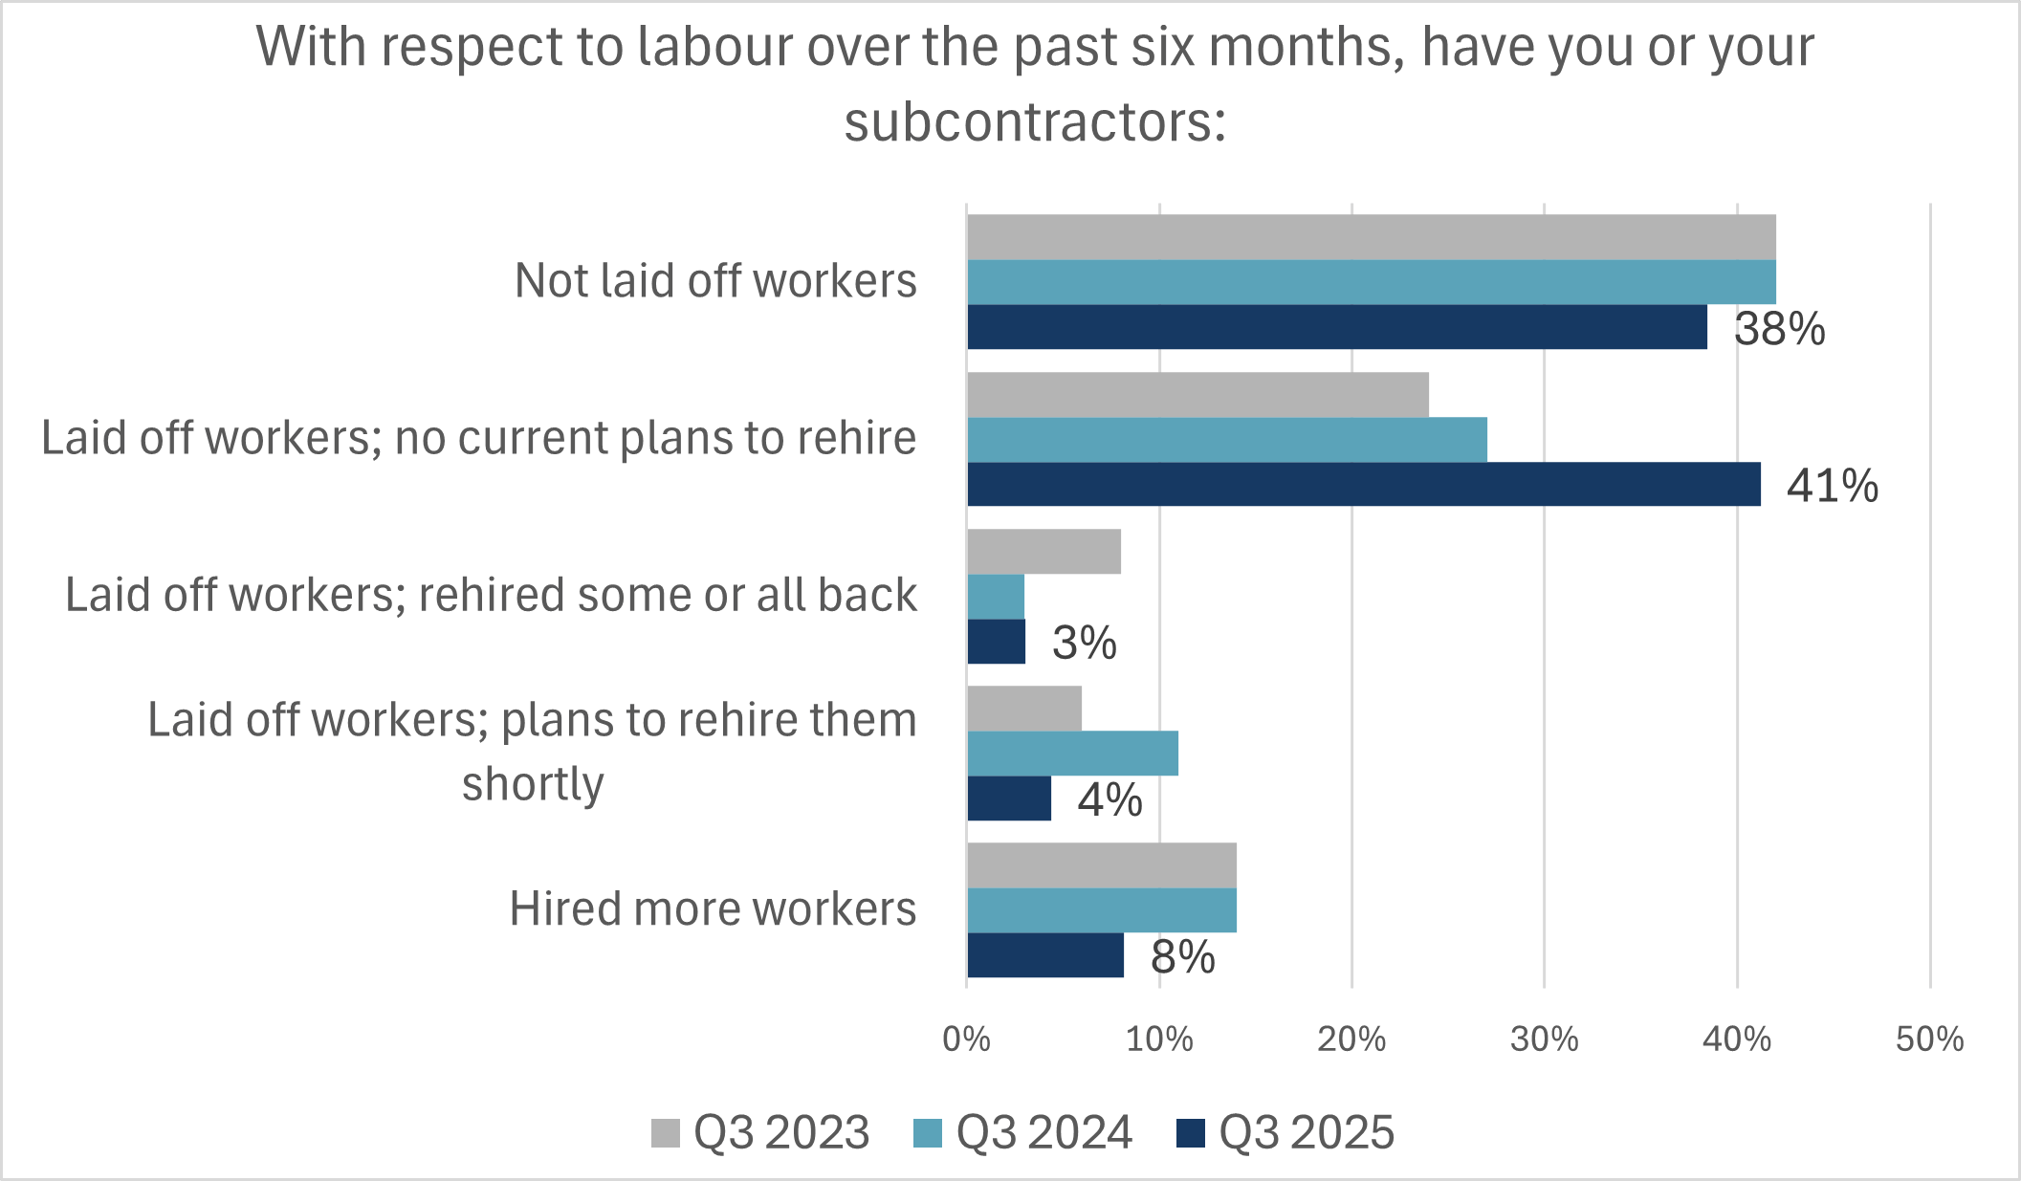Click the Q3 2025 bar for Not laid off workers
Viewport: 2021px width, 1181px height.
(x=1336, y=327)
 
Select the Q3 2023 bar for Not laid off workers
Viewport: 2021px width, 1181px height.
(x=1371, y=237)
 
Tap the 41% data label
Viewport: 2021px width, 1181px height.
(x=1832, y=486)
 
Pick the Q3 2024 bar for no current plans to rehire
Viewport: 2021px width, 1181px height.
(x=1226, y=440)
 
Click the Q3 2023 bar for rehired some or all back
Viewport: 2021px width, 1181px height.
(x=1043, y=552)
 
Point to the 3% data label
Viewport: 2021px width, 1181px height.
(x=1084, y=643)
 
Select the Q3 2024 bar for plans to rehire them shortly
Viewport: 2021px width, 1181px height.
(x=1072, y=754)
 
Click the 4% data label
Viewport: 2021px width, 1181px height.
(x=1109, y=799)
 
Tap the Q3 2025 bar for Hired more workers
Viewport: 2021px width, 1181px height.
(x=1045, y=955)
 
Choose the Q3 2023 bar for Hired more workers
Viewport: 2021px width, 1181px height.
(x=1101, y=865)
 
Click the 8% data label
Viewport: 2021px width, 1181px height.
(x=1182, y=956)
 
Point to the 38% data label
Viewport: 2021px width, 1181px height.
(x=1779, y=329)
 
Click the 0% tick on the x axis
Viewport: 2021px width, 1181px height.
(x=966, y=1039)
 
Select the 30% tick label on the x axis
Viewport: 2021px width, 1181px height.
(x=1544, y=1039)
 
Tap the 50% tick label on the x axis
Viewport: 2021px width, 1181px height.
(x=1929, y=1039)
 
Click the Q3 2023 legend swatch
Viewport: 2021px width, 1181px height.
(x=666, y=1133)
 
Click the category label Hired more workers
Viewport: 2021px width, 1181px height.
(x=713, y=908)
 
